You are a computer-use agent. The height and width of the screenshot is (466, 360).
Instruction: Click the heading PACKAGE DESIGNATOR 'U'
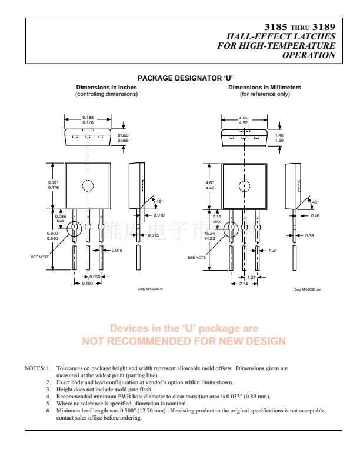click(185, 78)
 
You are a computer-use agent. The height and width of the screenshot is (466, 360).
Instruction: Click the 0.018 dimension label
click(159, 215)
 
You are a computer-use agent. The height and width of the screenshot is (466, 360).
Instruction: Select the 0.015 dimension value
click(154, 235)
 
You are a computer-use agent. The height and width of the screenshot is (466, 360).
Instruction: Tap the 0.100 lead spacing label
click(86, 284)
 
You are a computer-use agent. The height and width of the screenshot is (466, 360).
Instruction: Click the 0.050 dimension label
click(95, 277)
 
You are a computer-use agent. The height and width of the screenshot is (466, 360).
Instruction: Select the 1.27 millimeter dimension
click(251, 277)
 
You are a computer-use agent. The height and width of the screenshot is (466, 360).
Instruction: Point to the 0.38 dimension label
click(310, 235)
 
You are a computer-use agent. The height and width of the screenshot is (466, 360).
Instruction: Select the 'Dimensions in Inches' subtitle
click(106, 88)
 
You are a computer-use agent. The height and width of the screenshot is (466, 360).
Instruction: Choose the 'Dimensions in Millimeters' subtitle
click(265, 88)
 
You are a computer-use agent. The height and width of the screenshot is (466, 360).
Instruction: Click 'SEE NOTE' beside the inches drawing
click(40, 257)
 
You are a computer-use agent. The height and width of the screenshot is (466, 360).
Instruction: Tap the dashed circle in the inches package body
click(88, 186)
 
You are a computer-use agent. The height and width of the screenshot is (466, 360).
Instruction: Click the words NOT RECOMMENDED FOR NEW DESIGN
click(184, 341)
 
